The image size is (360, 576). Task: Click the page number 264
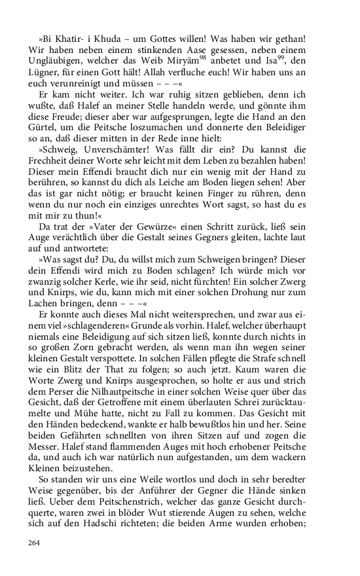pos(35,542)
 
